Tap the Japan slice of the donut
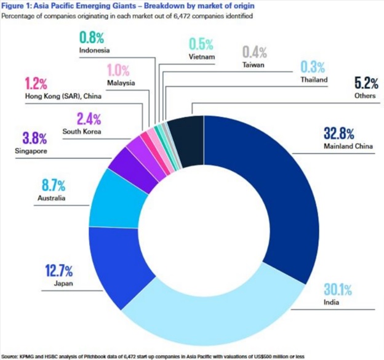click(x=118, y=265)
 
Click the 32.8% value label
click(x=339, y=134)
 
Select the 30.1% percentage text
click(x=338, y=289)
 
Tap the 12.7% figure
click(x=59, y=271)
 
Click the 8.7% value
click(x=54, y=185)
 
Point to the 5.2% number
click(x=366, y=83)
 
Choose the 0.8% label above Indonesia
click(x=92, y=38)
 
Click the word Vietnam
click(x=202, y=57)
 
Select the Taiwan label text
click(x=253, y=65)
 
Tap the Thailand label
click(x=314, y=80)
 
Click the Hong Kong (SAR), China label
click(x=63, y=96)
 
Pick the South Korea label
click(x=82, y=132)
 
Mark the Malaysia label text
click(x=121, y=83)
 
